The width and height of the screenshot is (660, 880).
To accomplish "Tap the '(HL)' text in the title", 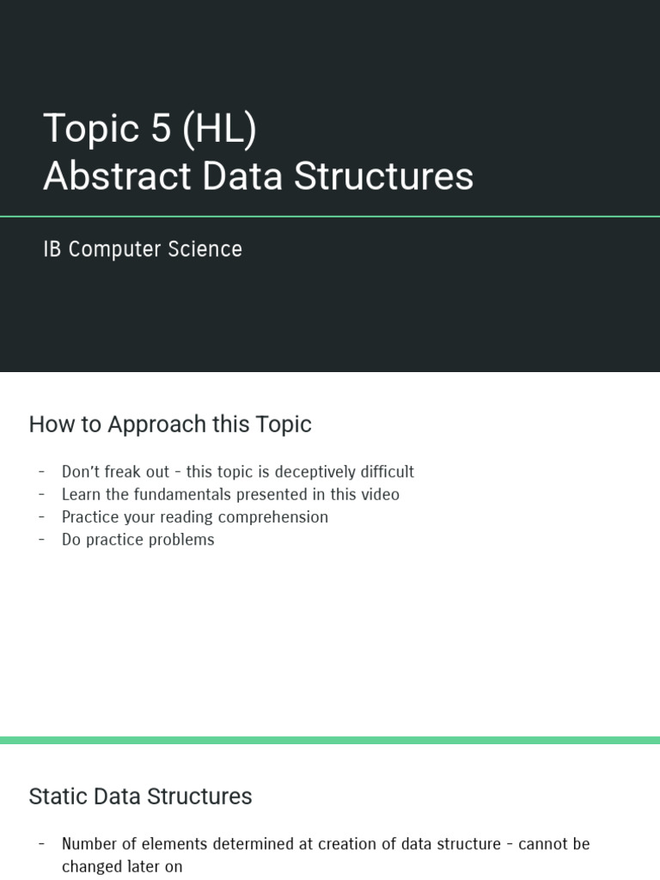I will pyautogui.click(x=218, y=129).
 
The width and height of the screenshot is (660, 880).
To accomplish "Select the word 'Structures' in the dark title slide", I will pyautogui.click(x=383, y=176).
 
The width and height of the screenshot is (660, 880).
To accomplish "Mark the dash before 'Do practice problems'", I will pyautogui.click(x=41, y=540).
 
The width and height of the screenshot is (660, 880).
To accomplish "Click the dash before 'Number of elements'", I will pyautogui.click(x=41, y=844).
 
